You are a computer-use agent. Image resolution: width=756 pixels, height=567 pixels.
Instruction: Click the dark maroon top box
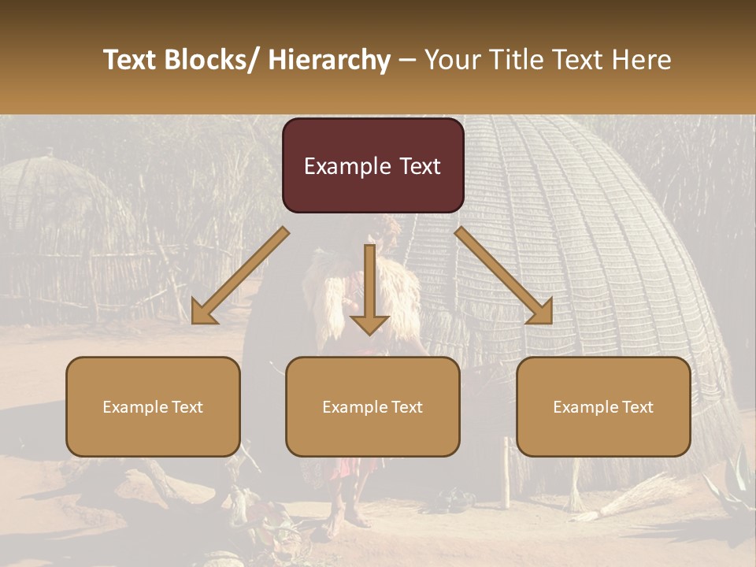pyautogui.click(x=372, y=165)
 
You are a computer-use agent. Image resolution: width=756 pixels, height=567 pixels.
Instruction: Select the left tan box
pyautogui.click(x=153, y=406)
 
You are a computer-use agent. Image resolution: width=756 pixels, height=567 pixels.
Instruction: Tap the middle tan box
pyautogui.click(x=372, y=406)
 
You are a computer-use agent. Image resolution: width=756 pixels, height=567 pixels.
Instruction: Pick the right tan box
pyautogui.click(x=603, y=406)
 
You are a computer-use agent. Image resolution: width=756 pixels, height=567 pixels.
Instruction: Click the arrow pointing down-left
pyautogui.click(x=240, y=276)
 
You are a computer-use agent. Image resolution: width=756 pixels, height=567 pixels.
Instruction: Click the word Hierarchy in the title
pyautogui.click(x=329, y=60)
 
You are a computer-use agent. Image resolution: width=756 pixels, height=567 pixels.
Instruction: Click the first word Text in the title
pyautogui.click(x=131, y=60)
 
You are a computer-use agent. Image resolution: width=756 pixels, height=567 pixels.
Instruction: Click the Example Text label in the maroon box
pyautogui.click(x=372, y=166)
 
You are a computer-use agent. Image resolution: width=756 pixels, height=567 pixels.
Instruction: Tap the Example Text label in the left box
pyautogui.click(x=153, y=407)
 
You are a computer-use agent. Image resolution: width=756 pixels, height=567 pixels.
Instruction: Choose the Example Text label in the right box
pyautogui.click(x=603, y=407)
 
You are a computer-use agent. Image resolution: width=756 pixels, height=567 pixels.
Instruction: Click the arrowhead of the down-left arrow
pyautogui.click(x=203, y=312)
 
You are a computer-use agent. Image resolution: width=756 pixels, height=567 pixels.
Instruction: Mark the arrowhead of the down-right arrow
pyautogui.click(x=540, y=312)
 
